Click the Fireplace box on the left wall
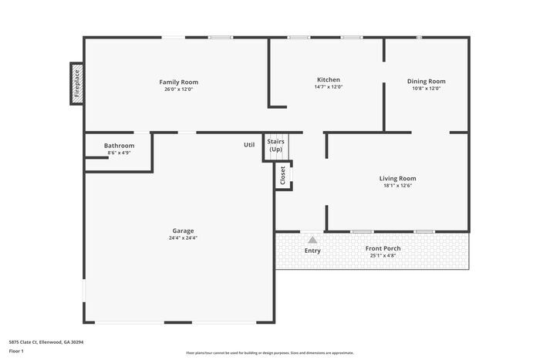(76, 83)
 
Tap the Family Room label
(178, 82)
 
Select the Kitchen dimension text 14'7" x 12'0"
(328, 87)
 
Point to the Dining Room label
(426, 81)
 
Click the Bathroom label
(120, 146)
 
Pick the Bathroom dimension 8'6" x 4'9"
(120, 153)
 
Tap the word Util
(249, 144)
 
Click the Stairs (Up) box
(275, 145)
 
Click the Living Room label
(397, 178)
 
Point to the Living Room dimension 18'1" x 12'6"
(397, 185)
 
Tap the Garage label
(183, 230)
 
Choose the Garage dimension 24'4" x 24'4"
(183, 237)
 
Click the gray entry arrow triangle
(312, 240)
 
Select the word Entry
(312, 251)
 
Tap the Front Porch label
(383, 248)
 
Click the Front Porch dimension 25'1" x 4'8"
(383, 255)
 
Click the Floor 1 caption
(16, 351)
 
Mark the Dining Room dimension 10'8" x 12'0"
(426, 88)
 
